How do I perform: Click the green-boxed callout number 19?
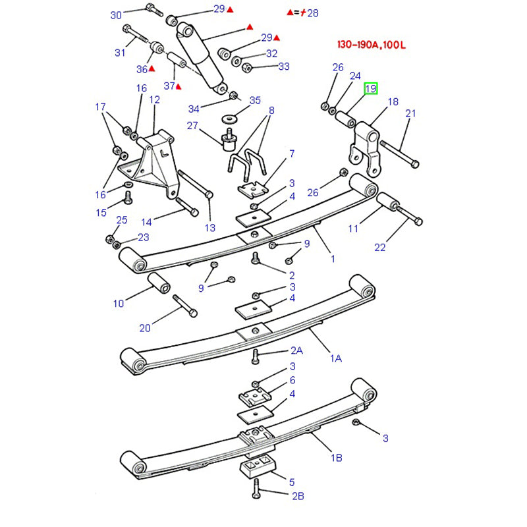pos(371,89)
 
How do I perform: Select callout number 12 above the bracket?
pos(155,99)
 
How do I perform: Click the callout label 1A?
pos(336,358)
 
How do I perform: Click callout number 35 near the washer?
pos(255,101)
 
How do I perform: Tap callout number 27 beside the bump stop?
pos(192,126)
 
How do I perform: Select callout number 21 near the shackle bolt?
pos(410,113)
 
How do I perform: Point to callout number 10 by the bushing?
pos(119,304)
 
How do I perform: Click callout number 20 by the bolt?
pos(145,328)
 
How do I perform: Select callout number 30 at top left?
pos(117,14)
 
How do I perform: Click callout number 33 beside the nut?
pos(284,66)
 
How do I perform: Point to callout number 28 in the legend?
pos(313,13)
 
